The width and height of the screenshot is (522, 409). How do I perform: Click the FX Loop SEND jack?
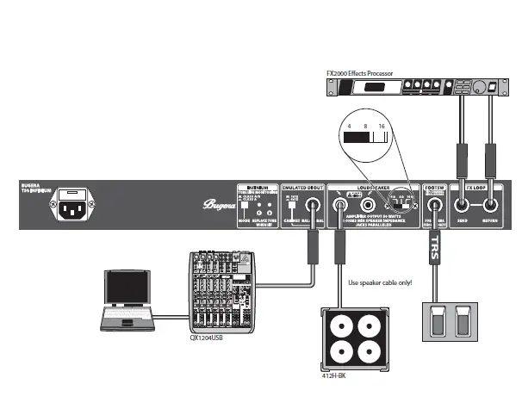coord(463,206)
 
